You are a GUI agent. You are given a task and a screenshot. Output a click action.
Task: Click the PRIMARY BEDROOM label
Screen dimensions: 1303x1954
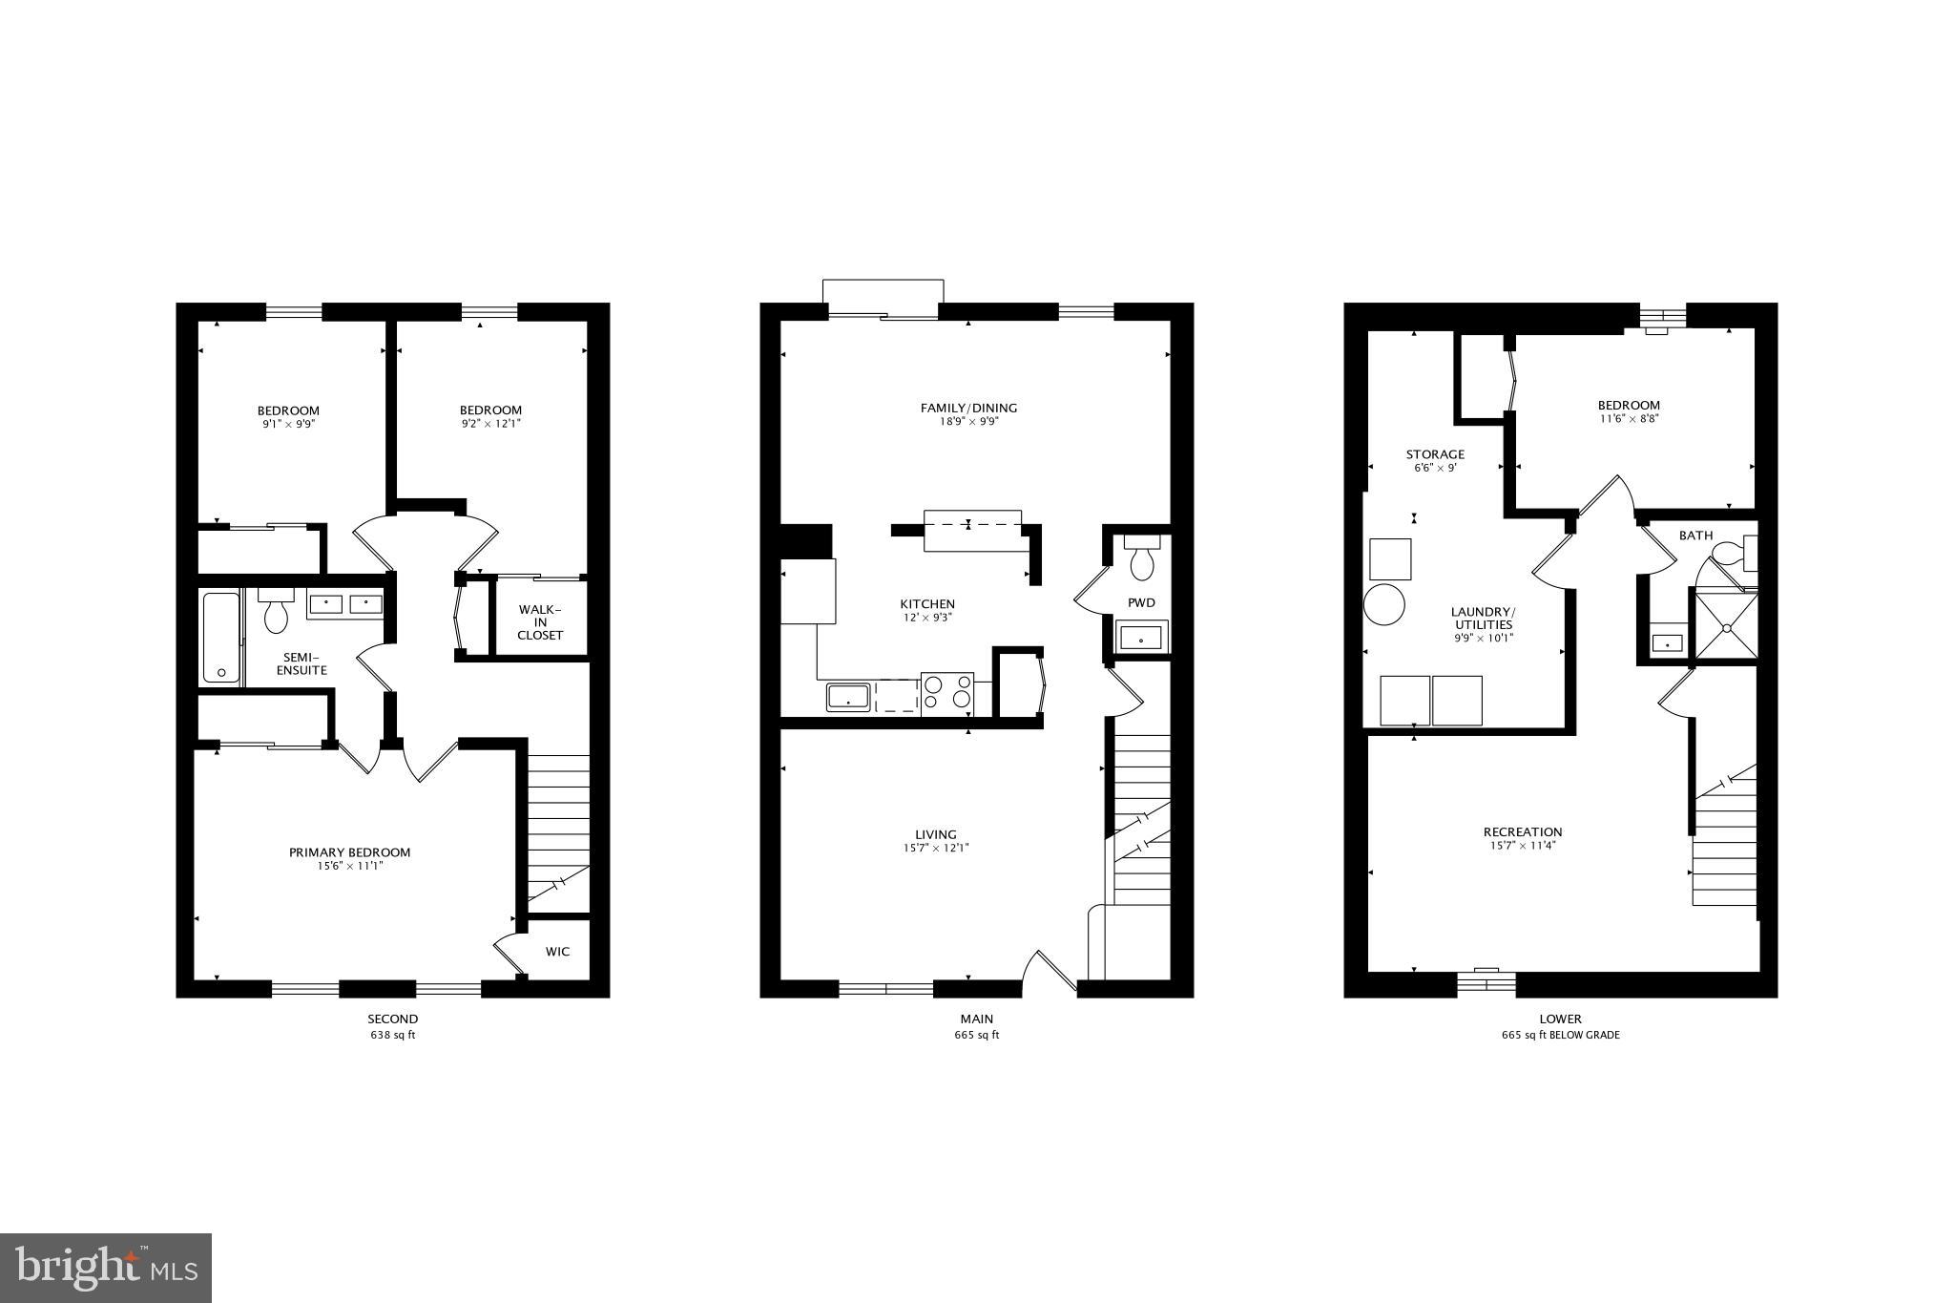tap(349, 852)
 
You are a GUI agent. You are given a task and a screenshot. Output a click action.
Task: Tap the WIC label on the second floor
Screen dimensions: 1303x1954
tap(557, 951)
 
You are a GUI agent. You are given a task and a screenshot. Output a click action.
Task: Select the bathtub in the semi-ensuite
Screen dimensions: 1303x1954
tap(220, 637)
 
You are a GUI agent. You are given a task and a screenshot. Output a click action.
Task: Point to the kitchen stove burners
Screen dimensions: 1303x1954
tap(947, 693)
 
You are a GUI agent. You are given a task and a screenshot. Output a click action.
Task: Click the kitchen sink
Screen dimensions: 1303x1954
tap(847, 697)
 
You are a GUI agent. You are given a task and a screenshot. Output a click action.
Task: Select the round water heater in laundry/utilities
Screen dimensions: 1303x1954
tap(1384, 604)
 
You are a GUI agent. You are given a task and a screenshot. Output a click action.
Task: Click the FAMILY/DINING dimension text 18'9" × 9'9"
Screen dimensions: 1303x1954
tap(968, 421)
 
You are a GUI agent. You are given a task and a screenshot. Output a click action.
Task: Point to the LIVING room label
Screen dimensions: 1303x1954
tap(935, 834)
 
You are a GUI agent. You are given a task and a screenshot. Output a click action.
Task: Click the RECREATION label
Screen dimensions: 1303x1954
tap(1523, 831)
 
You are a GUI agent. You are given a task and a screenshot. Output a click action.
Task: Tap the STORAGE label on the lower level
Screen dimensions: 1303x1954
tap(1434, 454)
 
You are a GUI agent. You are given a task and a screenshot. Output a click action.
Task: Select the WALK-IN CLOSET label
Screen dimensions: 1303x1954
tap(540, 622)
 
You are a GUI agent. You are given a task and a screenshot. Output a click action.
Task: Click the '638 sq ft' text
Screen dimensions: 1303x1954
tap(392, 1035)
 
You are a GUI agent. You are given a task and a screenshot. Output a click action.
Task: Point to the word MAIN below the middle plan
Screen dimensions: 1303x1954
tap(976, 1019)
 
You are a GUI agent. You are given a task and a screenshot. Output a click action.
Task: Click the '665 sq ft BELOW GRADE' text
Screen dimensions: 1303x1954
tap(1560, 1035)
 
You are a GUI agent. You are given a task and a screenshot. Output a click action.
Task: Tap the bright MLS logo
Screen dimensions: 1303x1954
tap(106, 1267)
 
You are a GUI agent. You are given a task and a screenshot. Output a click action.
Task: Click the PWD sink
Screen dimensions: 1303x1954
tap(1141, 637)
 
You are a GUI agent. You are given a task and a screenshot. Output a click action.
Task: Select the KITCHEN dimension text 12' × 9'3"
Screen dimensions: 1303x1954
tap(927, 618)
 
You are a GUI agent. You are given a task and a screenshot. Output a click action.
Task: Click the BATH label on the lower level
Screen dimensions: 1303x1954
tap(1695, 536)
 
